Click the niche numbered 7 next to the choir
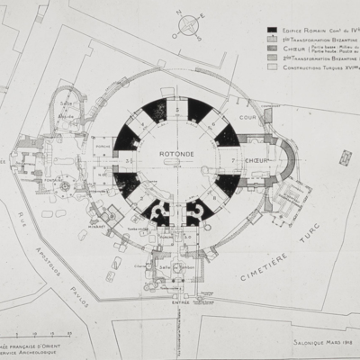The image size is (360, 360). click(x=232, y=158)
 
